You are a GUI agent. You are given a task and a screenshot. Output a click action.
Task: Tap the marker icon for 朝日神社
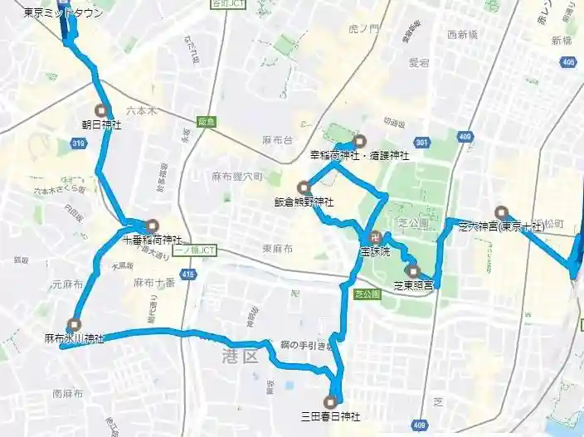[102, 110]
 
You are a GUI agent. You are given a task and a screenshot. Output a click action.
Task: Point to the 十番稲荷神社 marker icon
[152, 226]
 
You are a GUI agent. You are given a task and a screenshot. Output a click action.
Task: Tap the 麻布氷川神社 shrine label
[75, 338]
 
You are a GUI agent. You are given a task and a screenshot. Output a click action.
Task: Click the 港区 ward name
[241, 357]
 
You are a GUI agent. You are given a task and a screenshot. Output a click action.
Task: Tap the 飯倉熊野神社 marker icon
[303, 187]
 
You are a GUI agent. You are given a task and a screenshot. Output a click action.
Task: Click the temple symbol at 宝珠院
[374, 235]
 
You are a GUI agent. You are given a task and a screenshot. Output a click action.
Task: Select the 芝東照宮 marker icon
[413, 270]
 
